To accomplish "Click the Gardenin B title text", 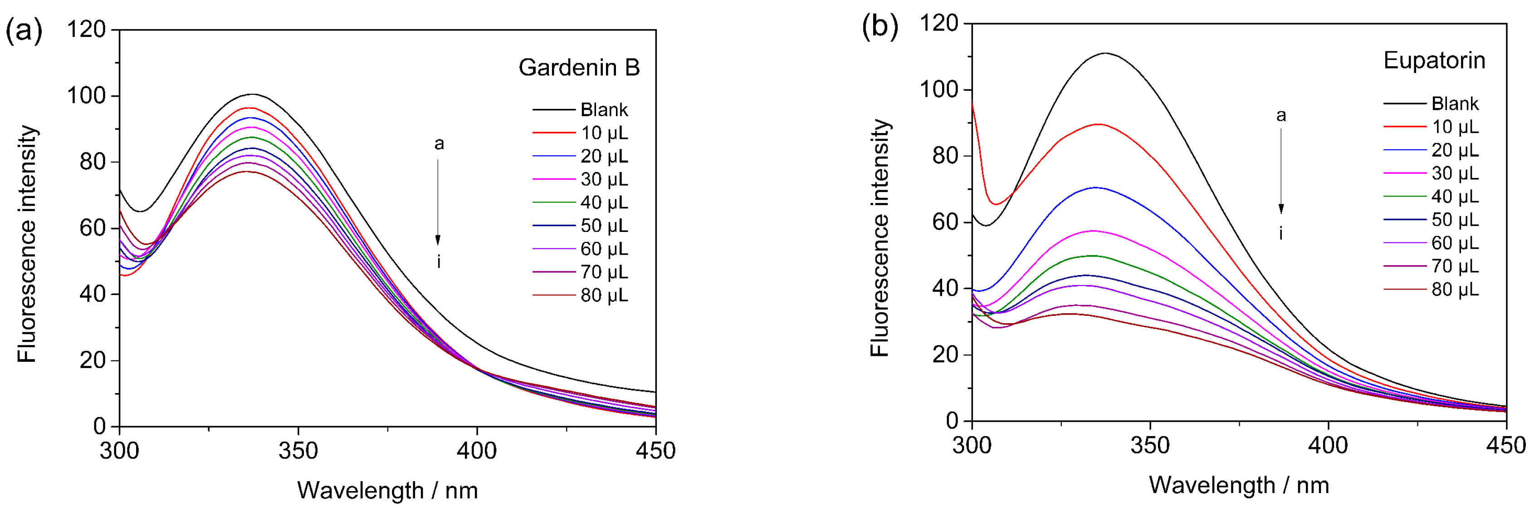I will click(x=579, y=67).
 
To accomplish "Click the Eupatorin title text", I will click(x=1434, y=60).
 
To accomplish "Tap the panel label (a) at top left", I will click(x=24, y=30).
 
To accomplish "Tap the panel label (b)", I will click(x=879, y=27).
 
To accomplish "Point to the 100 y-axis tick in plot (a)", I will click(x=86, y=95).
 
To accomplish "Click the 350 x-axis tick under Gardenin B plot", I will click(x=298, y=450).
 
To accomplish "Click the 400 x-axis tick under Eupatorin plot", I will click(x=1328, y=445).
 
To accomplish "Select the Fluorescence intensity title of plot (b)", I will click(x=879, y=238).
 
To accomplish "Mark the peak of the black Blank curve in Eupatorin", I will click(x=1106, y=53).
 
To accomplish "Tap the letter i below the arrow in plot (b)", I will click(x=1281, y=233).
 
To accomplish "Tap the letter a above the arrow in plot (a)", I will click(x=439, y=143).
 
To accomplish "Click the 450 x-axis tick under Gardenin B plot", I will click(x=655, y=450).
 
